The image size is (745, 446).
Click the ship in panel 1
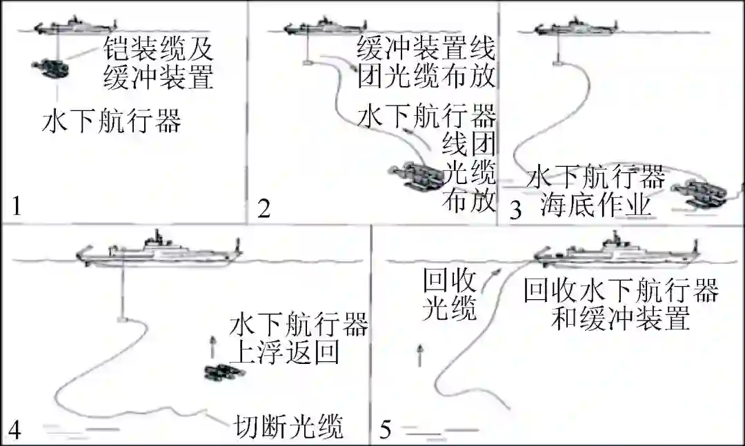pos(76,26)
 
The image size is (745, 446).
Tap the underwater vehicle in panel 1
pos(50,68)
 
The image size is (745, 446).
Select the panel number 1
pos(17,206)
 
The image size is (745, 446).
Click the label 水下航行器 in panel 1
pos(112,121)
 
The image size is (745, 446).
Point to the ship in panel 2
pos(325,26)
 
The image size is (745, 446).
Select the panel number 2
pos(264,208)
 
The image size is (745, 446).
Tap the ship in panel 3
pos(576,26)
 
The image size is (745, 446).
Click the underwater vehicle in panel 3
pos(699,193)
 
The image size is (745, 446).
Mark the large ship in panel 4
pos(159,251)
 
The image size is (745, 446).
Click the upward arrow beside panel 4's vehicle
pos(212,347)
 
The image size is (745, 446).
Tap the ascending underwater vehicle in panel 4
pos(223,372)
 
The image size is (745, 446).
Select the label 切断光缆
pos(288,427)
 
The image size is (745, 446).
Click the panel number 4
pos(14,430)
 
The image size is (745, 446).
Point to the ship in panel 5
pos(617,250)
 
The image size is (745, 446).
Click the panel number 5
pos(386,430)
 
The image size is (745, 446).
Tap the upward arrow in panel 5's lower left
pos(419,356)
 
